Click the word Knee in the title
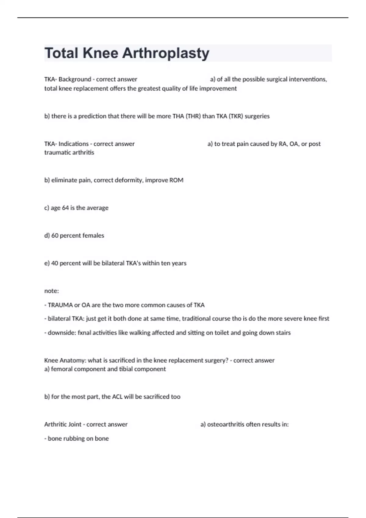100,53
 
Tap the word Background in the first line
75,79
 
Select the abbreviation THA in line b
178,116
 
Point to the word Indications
74,144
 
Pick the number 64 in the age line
65,208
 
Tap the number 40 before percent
55,263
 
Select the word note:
52,291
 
